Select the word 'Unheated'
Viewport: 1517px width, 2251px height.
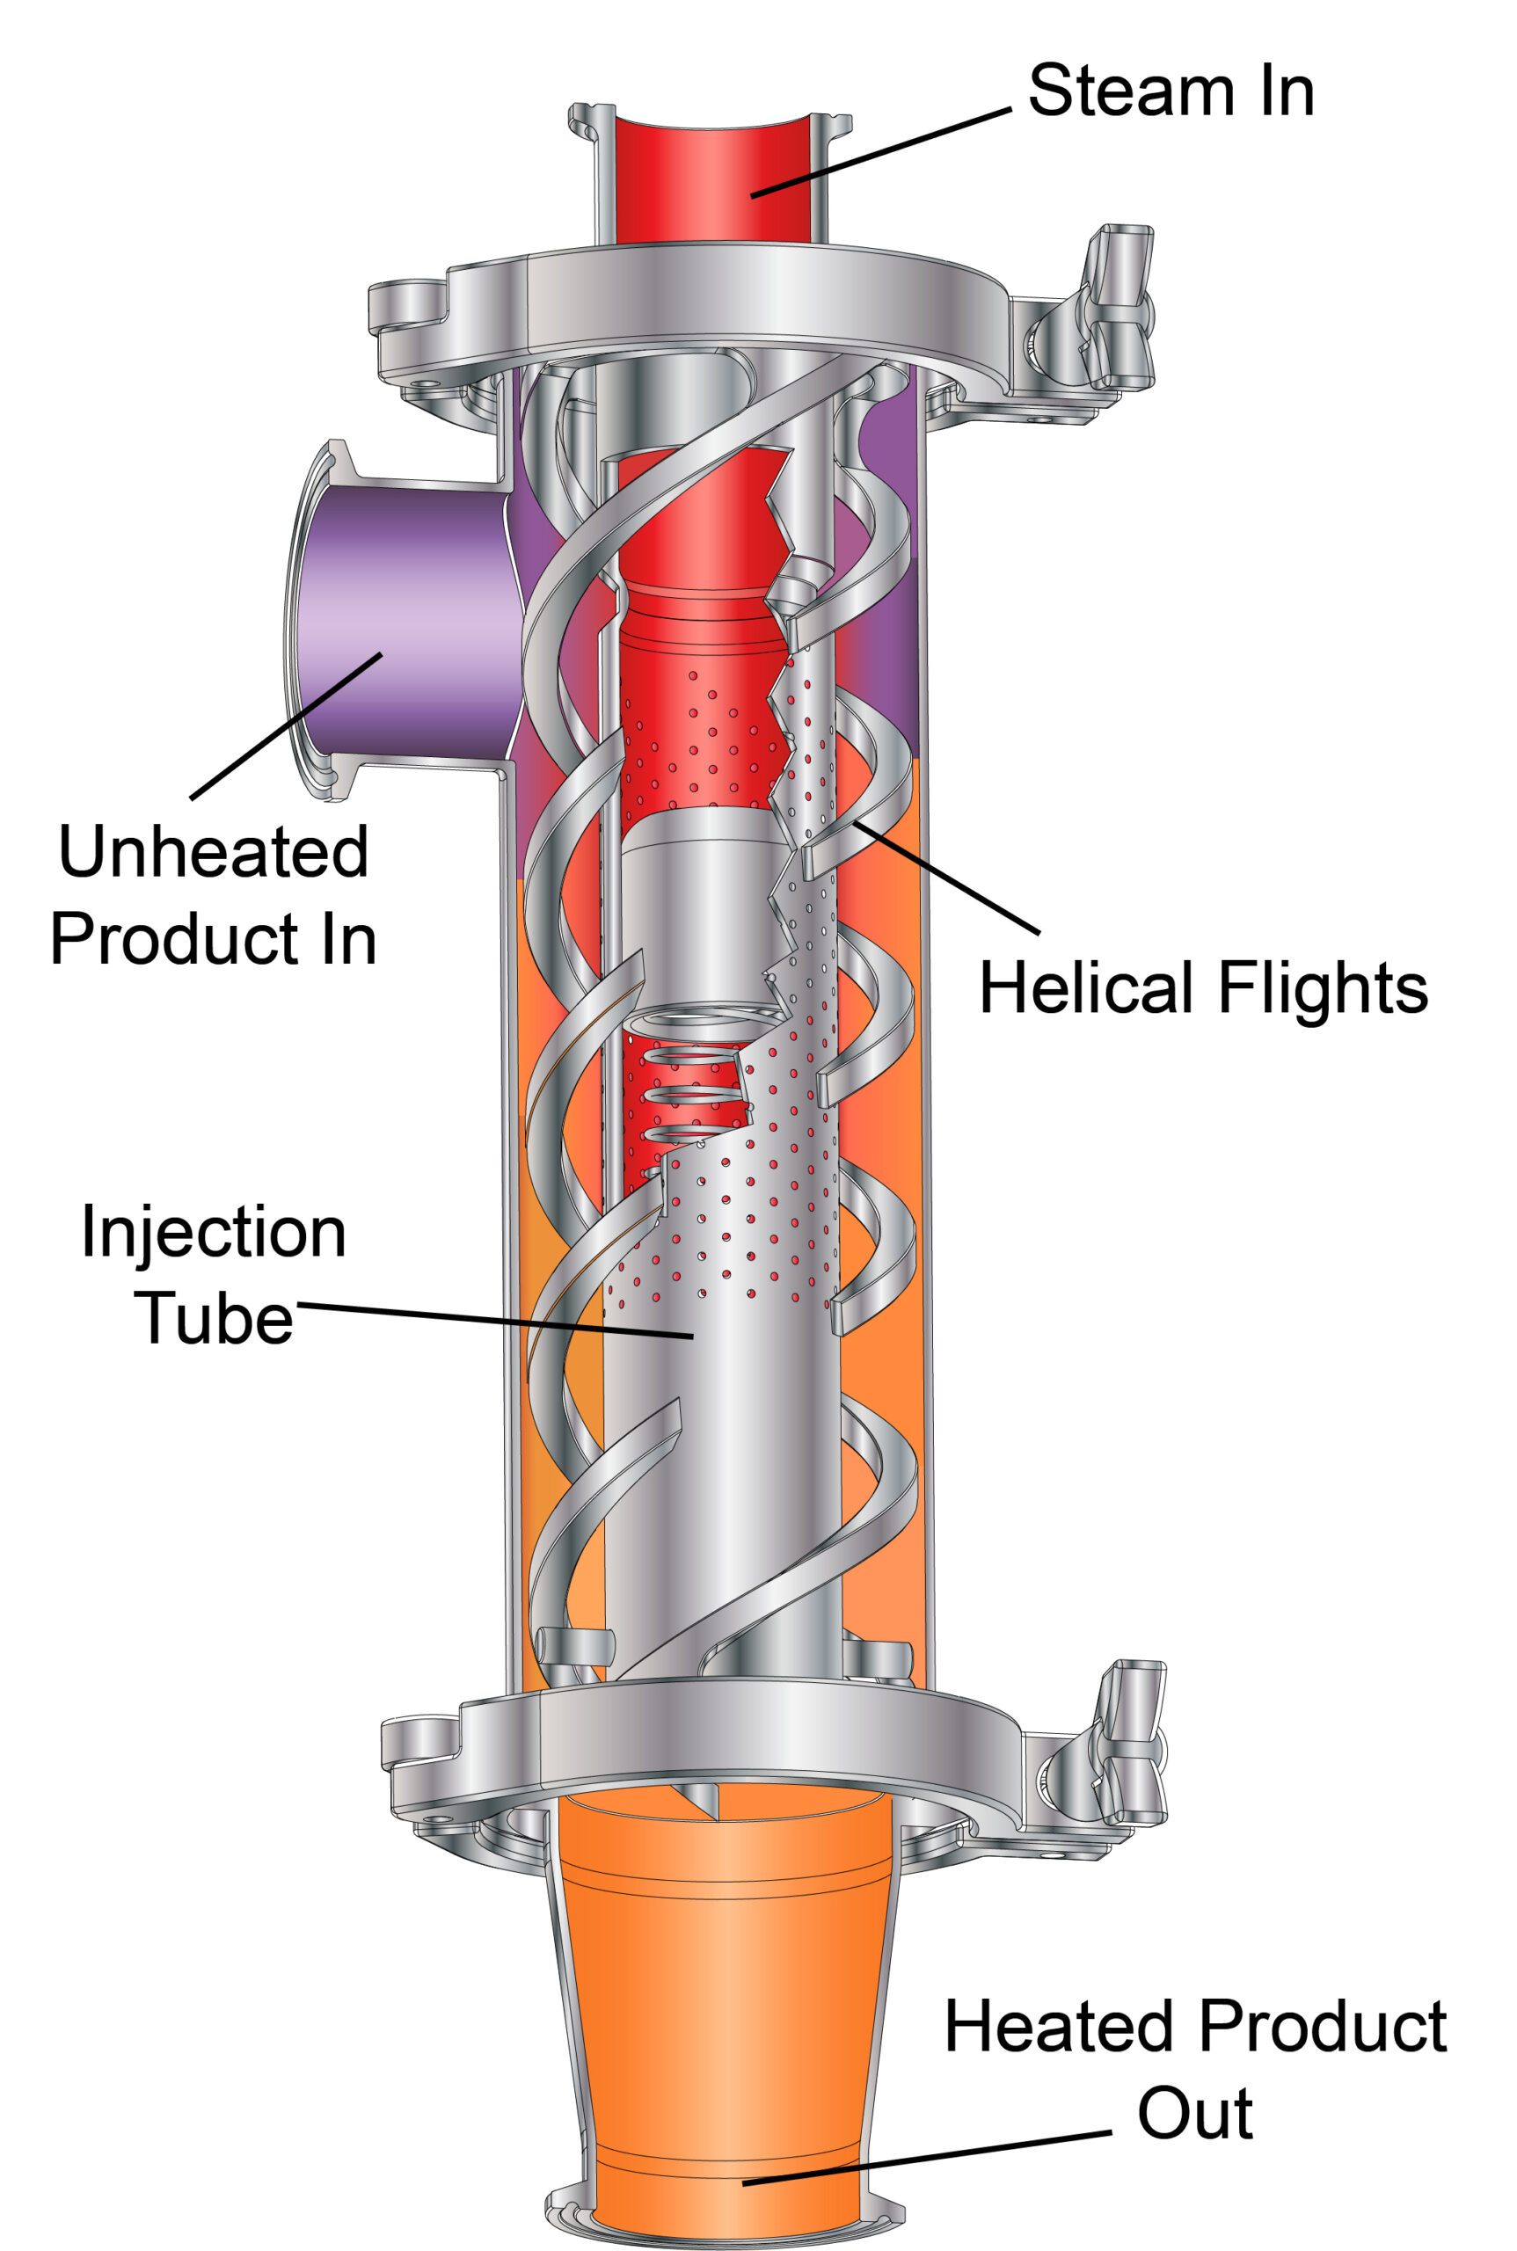tap(213, 851)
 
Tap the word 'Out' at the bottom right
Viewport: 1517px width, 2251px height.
tap(1195, 2114)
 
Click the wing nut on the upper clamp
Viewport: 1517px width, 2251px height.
tap(1120, 310)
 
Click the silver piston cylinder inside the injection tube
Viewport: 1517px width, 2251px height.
tap(702, 909)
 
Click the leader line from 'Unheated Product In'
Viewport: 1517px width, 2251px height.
tap(286, 726)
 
